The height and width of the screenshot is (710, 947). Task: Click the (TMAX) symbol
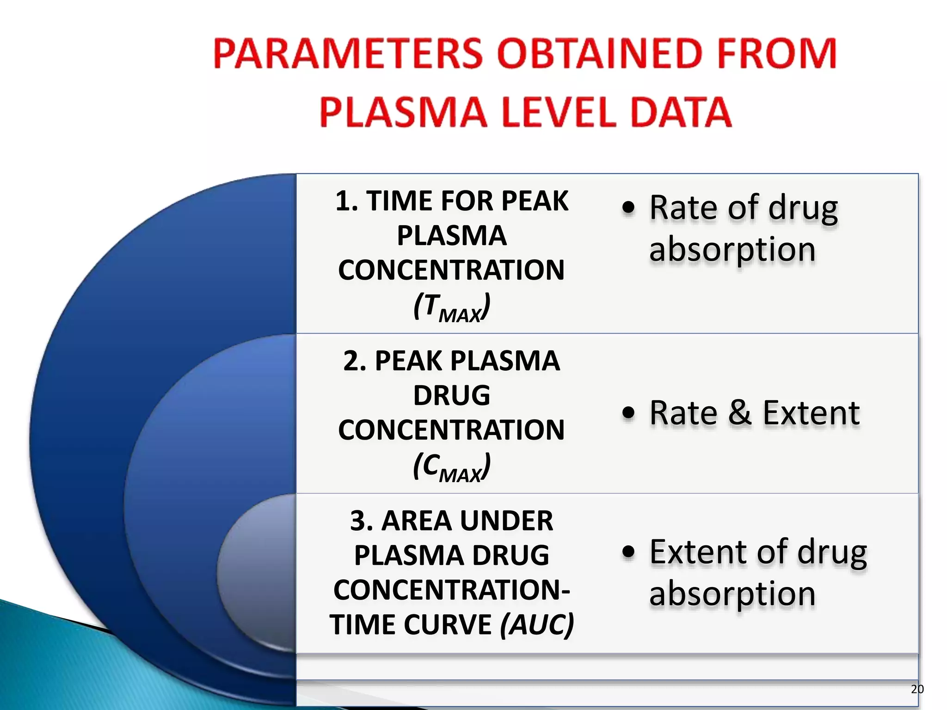tap(451, 307)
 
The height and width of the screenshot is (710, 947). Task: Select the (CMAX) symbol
tap(451, 467)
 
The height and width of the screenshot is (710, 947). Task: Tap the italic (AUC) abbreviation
tap(537, 624)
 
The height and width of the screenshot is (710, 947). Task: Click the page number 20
tap(917, 689)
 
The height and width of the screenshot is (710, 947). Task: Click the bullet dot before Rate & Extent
tap(628, 413)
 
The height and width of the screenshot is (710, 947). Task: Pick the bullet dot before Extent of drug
tap(628, 552)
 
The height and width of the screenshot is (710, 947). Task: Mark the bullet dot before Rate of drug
tap(628, 208)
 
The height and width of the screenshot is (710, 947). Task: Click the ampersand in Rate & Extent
tap(740, 413)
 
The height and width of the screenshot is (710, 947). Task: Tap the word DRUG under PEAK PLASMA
tap(451, 396)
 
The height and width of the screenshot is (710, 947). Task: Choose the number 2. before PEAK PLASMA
tap(355, 361)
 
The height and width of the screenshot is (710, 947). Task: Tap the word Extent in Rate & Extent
tap(811, 413)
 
